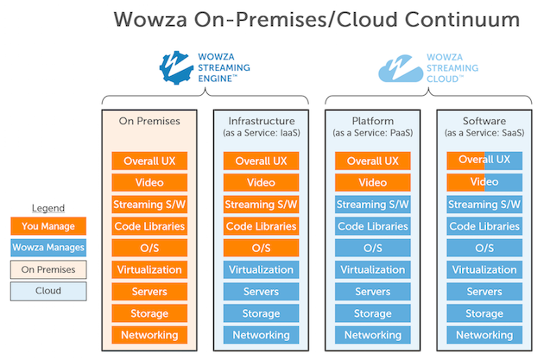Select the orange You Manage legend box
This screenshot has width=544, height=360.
pos(48,226)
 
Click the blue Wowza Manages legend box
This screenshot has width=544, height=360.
pos(48,248)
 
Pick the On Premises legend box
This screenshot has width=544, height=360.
pos(48,269)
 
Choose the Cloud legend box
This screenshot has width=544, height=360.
pos(48,291)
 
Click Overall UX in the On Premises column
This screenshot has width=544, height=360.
pos(149,161)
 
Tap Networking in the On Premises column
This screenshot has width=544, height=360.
pos(149,335)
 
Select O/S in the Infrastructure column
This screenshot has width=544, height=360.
pos(261,248)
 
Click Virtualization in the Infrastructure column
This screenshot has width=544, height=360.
pos(261,269)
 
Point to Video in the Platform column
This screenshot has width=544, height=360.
pos(373,182)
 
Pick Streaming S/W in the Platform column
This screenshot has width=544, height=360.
pos(373,205)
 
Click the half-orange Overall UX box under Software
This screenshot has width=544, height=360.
pos(484,161)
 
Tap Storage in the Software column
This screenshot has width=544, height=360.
pos(484,313)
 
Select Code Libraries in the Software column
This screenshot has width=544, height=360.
pos(484,226)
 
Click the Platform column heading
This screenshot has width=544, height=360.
pos(373,122)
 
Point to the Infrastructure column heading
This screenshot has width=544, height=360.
pos(261,122)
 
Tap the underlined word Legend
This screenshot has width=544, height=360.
pos(48,208)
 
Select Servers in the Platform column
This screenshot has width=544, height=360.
pos(373,292)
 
